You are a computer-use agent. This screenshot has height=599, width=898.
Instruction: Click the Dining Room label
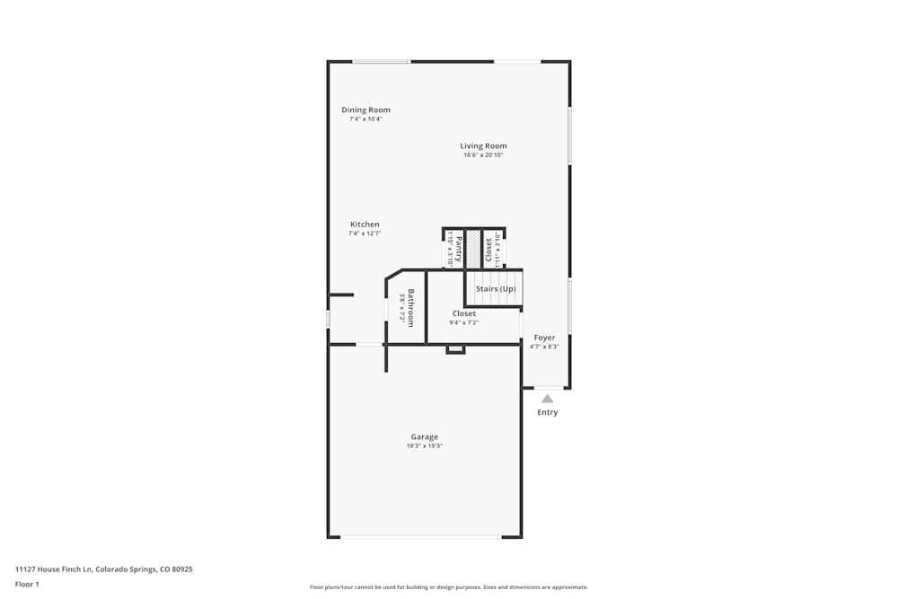(365, 110)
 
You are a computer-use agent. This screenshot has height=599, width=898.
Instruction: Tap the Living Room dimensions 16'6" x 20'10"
(483, 155)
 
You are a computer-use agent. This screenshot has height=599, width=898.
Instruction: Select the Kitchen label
(365, 224)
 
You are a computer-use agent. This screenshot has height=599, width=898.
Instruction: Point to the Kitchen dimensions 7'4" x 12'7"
(365, 233)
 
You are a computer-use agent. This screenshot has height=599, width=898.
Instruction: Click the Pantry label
(459, 248)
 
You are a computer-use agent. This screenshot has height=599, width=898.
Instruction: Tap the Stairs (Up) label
(496, 289)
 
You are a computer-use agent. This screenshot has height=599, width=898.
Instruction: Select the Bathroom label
(411, 307)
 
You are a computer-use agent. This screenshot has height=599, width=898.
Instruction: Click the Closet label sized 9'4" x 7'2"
(464, 313)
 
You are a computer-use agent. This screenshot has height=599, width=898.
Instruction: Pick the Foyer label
(544, 338)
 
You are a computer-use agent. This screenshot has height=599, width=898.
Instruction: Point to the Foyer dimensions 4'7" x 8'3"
(544, 347)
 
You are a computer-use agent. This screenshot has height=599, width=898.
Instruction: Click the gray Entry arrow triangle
(547, 398)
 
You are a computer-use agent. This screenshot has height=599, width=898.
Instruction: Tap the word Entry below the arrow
(547, 412)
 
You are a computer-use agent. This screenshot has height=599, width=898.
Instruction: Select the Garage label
(425, 436)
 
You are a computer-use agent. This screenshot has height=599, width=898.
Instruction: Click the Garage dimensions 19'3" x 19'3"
(425, 446)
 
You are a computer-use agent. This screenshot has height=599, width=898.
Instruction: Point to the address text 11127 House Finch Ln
(104, 569)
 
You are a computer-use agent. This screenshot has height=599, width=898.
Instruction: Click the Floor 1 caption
(27, 584)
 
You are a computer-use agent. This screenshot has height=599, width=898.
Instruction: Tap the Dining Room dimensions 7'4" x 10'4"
(365, 119)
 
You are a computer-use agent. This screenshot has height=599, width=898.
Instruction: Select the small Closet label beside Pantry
(489, 249)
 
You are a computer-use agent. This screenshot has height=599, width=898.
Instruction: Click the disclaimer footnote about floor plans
(449, 586)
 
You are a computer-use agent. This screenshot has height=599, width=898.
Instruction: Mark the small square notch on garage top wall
(455, 348)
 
